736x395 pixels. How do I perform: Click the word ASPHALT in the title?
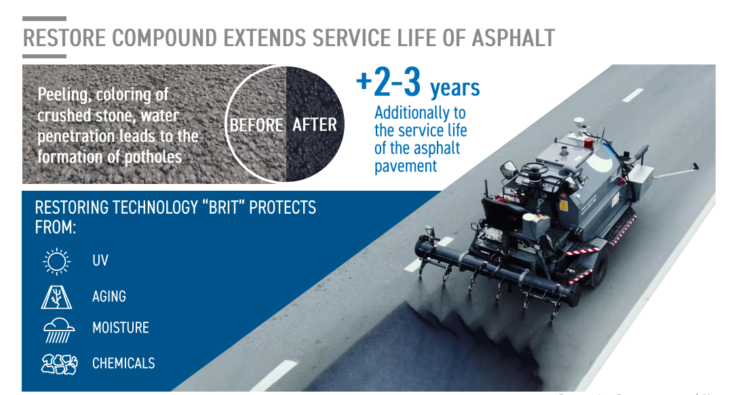click(x=513, y=38)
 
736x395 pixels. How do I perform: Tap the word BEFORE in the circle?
click(x=256, y=126)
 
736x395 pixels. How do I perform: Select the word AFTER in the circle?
click(x=315, y=125)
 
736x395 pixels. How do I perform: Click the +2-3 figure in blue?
click(x=388, y=82)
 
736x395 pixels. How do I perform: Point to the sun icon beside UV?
click(x=57, y=261)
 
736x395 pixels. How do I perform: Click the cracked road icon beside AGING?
click(x=56, y=297)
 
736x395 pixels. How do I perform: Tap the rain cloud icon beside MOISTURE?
click(x=58, y=330)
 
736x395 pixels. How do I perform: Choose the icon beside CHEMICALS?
click(x=59, y=364)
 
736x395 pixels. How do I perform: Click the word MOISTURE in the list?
click(x=121, y=327)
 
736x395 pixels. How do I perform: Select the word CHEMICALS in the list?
click(x=123, y=363)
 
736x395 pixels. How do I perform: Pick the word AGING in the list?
click(x=109, y=297)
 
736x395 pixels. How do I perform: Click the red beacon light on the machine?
click(x=589, y=143)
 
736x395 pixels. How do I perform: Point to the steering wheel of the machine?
click(x=535, y=168)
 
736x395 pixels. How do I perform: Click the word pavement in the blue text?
click(x=406, y=166)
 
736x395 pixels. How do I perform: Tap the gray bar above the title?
click(x=44, y=19)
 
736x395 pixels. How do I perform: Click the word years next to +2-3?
click(x=455, y=88)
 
